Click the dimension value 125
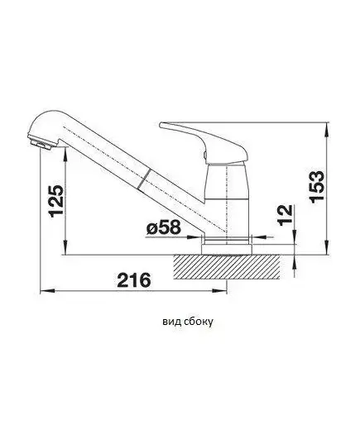pos(56,201)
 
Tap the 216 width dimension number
pos(134,280)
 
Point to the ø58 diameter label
pos(164,227)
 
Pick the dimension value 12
pos(286,215)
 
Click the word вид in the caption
pos(170,322)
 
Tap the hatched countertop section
pos(227,267)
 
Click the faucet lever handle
pos(204,141)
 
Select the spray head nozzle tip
pos(41,144)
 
